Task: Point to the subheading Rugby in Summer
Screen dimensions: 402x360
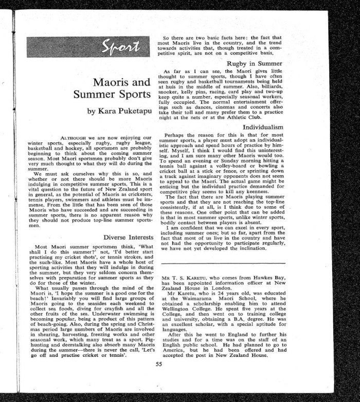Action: point(258,63)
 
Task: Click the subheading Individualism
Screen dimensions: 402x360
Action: point(262,126)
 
